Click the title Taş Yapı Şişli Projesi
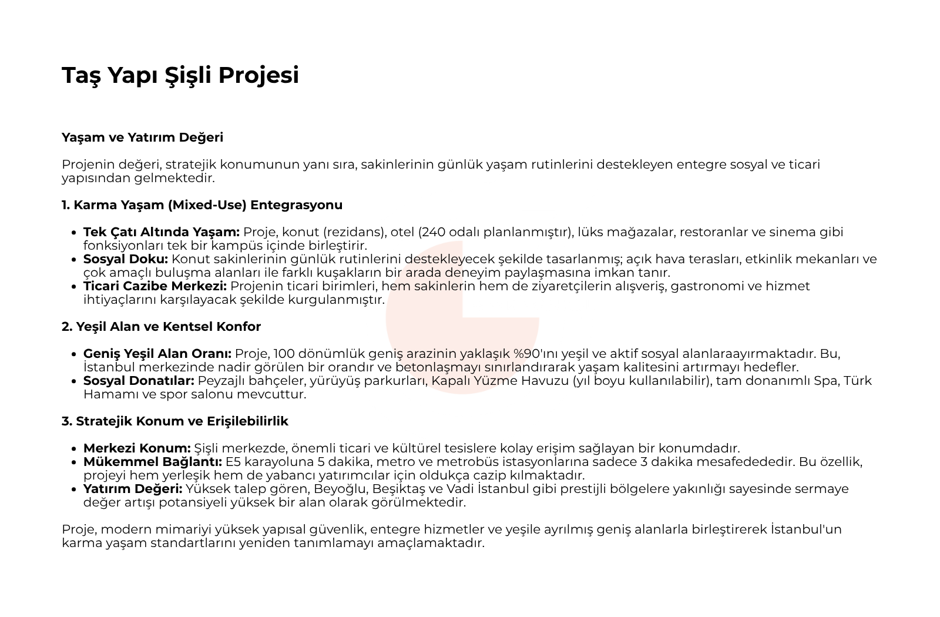pos(180,75)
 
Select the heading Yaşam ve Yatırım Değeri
pos(142,138)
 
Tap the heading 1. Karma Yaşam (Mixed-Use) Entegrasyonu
pos(202,205)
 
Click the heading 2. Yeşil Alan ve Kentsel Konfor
pos(161,327)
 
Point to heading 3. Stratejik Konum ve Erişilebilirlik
pos(174,421)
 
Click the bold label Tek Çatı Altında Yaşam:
pos(162,232)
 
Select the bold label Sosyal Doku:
pos(126,259)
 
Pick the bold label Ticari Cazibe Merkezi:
pos(155,286)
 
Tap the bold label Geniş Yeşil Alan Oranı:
pos(157,354)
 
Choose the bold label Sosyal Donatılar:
pos(139,381)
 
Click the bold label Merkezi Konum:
pos(137,448)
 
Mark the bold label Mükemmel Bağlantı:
pos(153,462)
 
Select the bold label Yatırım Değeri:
pos(133,489)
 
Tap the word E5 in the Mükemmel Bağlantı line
pos(233,462)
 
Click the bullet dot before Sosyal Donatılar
pos(74,381)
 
